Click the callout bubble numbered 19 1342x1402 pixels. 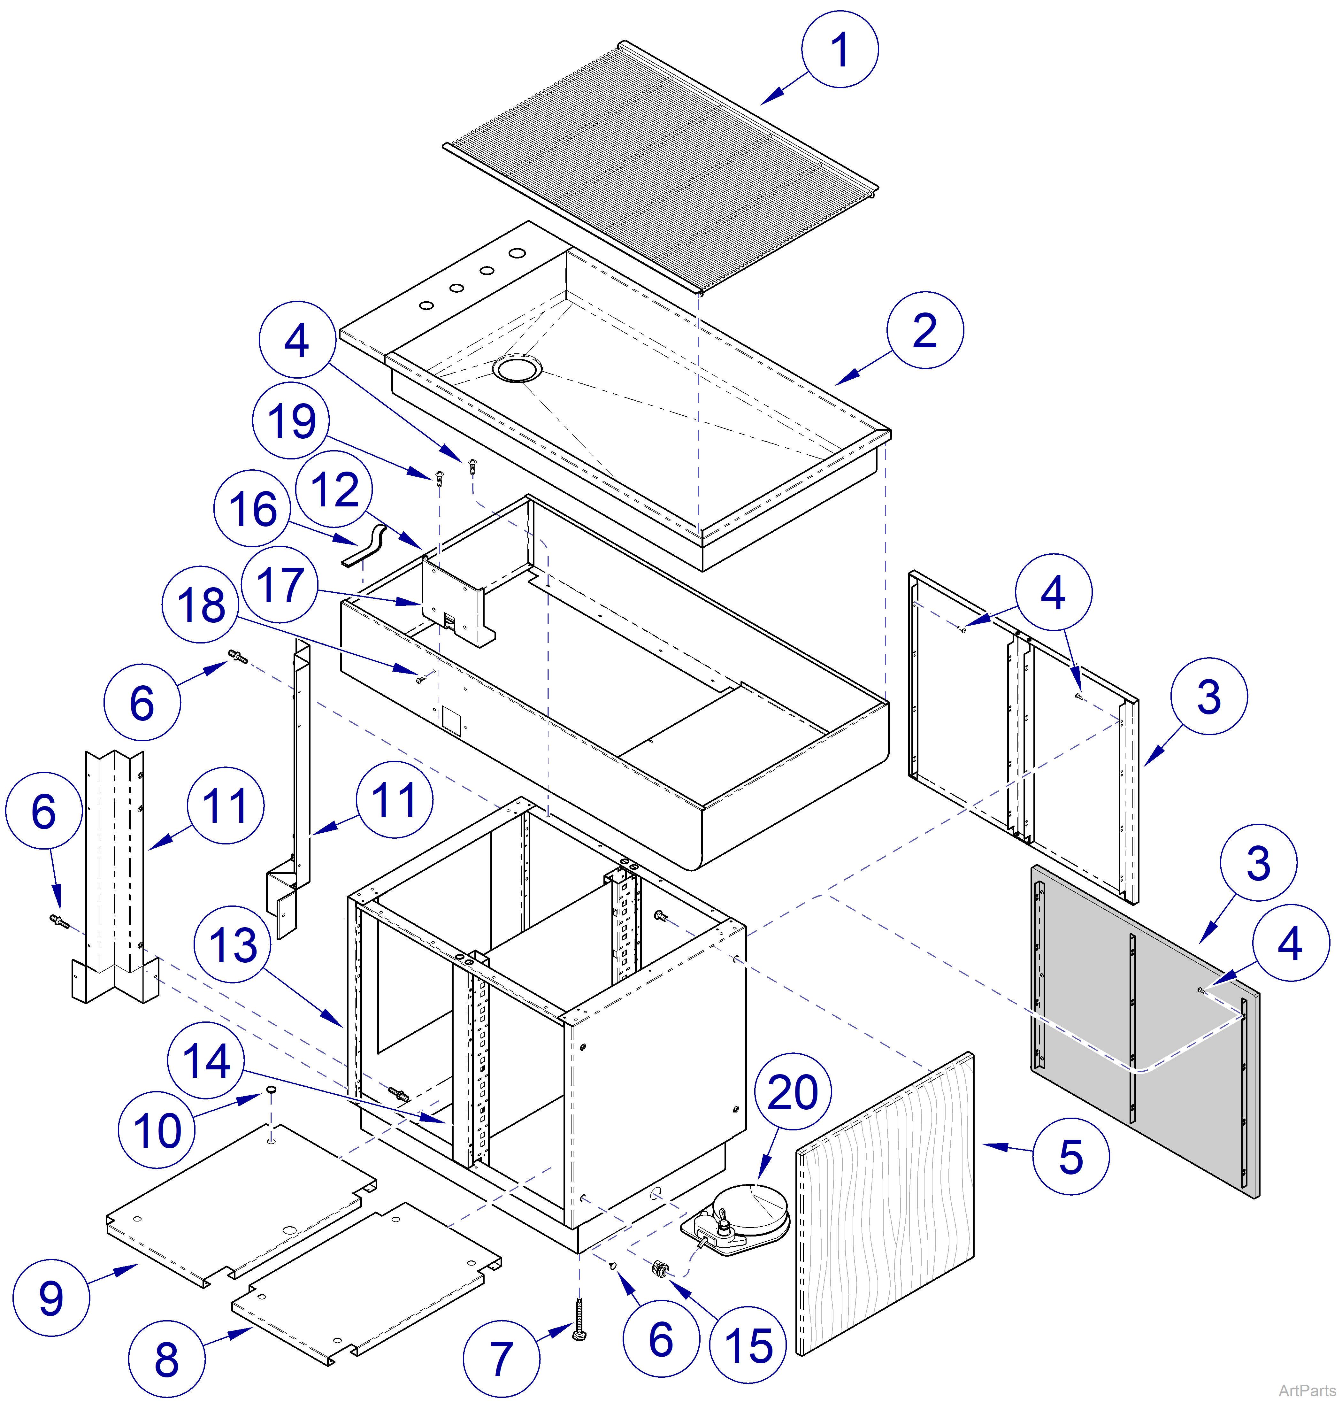(x=291, y=420)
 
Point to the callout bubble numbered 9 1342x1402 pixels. (x=51, y=1298)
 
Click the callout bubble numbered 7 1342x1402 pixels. (x=502, y=1359)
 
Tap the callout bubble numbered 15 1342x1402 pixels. (x=748, y=1345)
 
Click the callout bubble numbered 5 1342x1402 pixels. (x=1070, y=1156)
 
